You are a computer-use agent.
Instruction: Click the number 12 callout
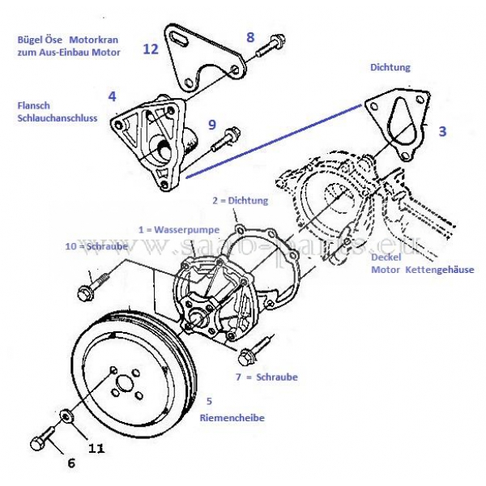point(150,49)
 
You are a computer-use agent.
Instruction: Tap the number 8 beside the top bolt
point(249,37)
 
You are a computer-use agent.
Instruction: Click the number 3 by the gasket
point(442,130)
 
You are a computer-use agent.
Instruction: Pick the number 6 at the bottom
point(70,463)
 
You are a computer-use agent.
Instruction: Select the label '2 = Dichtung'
point(240,199)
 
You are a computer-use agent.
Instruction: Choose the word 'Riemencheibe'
point(232,418)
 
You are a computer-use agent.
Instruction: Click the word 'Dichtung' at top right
point(390,68)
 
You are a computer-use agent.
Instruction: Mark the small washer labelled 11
point(67,416)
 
